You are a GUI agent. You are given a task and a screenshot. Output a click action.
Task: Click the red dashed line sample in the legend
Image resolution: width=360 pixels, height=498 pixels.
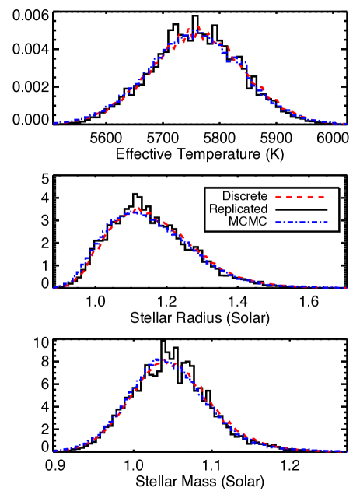pyautogui.click(x=300, y=197)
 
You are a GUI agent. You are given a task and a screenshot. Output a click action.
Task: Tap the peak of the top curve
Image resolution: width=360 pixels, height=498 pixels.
pyautogui.click(x=198, y=29)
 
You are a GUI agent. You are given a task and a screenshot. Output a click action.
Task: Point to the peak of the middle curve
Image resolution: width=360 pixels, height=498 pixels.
pyautogui.click(x=138, y=208)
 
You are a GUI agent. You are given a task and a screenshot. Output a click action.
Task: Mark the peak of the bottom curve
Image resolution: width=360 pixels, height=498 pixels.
pyautogui.click(x=163, y=359)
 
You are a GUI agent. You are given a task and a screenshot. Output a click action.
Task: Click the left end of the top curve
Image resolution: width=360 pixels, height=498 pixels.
pyautogui.click(x=54, y=123)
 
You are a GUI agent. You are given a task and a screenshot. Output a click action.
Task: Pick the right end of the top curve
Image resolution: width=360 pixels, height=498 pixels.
pyautogui.click(x=346, y=123)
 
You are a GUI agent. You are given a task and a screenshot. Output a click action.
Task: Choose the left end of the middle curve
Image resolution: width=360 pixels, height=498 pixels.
pyautogui.click(x=54, y=288)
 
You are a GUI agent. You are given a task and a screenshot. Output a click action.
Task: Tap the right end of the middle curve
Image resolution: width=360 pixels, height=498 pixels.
pyautogui.click(x=346, y=288)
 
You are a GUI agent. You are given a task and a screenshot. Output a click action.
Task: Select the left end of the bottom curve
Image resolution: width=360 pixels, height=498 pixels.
pyautogui.click(x=54, y=451)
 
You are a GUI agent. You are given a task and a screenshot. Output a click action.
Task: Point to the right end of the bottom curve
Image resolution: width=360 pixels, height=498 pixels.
pyautogui.click(x=346, y=451)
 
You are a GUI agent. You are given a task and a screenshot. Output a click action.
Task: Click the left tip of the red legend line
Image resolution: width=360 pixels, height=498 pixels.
pyautogui.click(x=275, y=197)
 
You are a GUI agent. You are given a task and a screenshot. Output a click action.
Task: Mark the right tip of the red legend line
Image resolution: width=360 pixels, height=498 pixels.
pyautogui.click(x=325, y=197)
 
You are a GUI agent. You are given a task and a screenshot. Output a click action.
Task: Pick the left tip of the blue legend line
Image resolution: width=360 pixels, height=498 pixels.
pyautogui.click(x=275, y=223)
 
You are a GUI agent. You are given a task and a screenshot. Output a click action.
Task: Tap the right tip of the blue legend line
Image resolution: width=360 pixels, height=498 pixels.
pyautogui.click(x=328, y=223)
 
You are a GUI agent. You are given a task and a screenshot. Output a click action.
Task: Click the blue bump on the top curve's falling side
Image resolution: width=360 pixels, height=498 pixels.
pyautogui.click(x=244, y=63)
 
